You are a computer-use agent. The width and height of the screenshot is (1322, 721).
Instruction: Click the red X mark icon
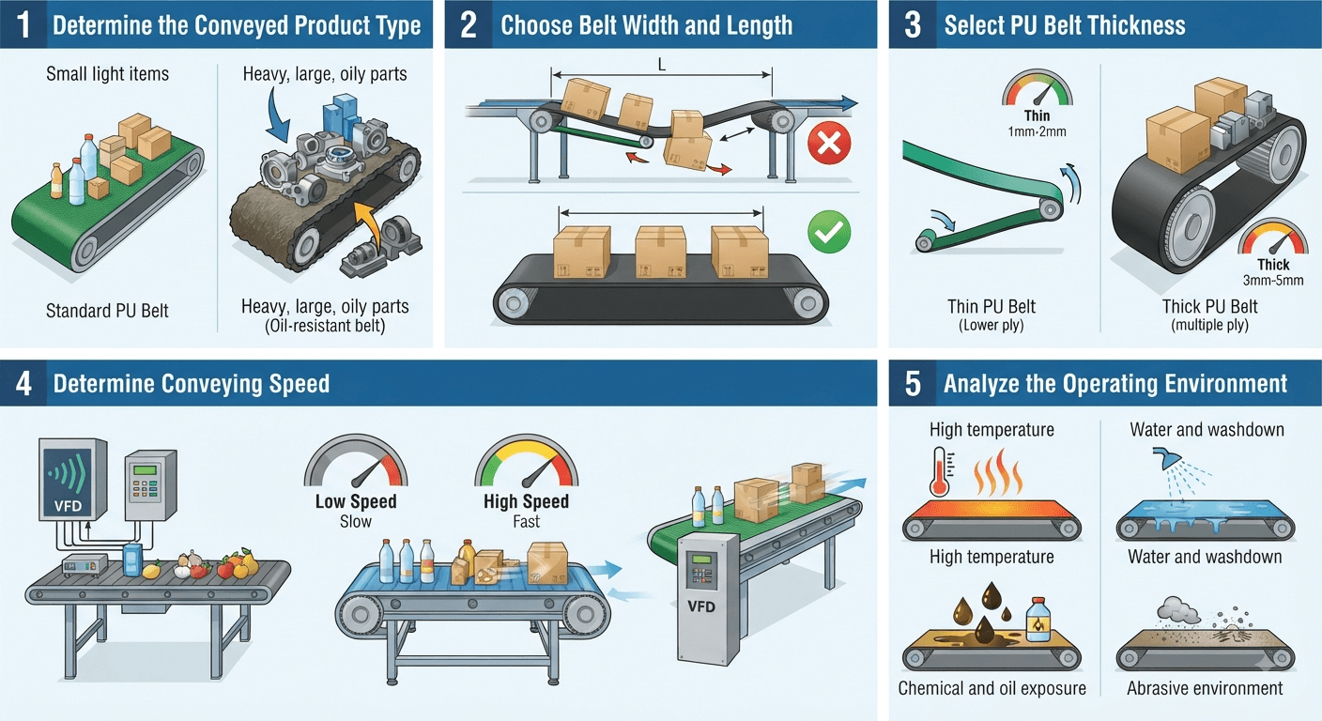(x=829, y=143)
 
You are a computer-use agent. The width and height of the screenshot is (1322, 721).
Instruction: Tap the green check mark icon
(x=829, y=232)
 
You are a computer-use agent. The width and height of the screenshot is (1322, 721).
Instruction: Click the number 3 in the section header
(x=913, y=24)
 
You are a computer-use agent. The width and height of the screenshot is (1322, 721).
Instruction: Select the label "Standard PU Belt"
(x=107, y=311)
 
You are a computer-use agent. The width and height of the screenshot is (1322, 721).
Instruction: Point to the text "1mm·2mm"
(x=1037, y=131)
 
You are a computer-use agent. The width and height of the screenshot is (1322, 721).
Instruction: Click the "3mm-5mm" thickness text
(x=1273, y=281)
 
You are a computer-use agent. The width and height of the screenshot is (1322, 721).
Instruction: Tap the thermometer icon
(x=940, y=470)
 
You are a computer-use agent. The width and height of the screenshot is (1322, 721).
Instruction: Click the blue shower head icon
(x=1166, y=458)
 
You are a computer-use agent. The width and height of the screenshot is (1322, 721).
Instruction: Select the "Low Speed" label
(x=356, y=501)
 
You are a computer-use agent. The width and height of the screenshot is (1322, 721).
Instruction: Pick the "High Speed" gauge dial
(x=527, y=462)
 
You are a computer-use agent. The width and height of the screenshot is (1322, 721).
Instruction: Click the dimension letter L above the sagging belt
(x=662, y=65)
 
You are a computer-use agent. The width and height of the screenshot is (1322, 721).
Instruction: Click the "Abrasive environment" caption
(x=1205, y=688)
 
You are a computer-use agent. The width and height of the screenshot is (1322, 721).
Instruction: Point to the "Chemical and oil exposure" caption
(x=992, y=688)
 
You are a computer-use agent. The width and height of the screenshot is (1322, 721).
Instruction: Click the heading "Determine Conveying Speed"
(x=192, y=384)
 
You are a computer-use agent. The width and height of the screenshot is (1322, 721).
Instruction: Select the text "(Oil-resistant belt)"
(x=325, y=327)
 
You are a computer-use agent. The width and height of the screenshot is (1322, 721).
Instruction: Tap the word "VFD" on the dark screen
(x=68, y=506)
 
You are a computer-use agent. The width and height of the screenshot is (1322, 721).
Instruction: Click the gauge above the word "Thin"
(x=1037, y=88)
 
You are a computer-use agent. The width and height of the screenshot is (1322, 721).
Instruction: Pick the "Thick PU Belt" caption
(x=1210, y=307)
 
